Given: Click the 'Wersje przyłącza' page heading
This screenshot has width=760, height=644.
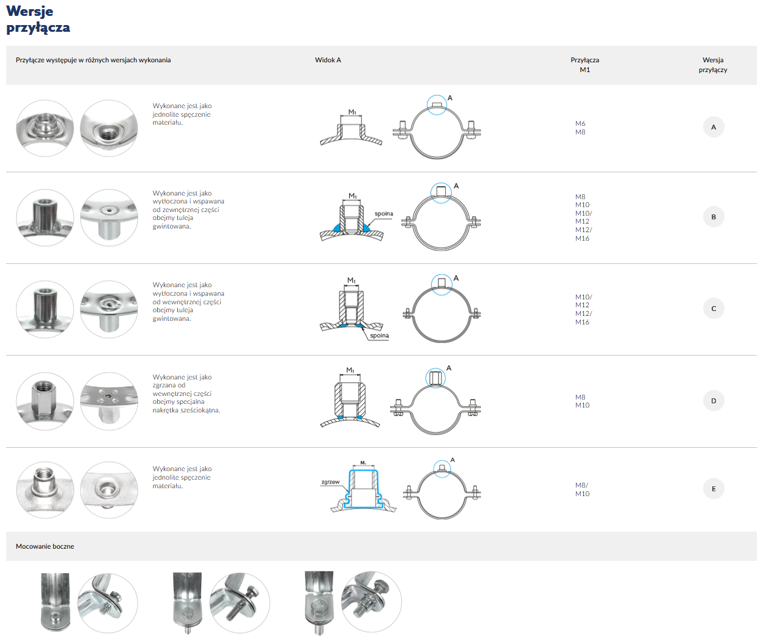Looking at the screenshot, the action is point(38,20).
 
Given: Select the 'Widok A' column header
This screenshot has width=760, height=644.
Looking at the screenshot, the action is point(328,60).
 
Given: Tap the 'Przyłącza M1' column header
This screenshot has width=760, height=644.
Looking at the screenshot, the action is point(585,65).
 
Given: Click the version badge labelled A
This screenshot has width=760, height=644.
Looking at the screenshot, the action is point(714,127).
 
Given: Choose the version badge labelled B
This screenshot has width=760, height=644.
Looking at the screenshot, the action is point(714,217).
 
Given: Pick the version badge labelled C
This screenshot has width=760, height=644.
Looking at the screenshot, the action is point(714,309).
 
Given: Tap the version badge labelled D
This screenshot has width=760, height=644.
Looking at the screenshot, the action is point(714,401).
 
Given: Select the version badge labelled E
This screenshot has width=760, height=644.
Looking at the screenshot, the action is point(714,489).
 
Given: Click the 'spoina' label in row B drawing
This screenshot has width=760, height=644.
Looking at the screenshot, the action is point(383,214).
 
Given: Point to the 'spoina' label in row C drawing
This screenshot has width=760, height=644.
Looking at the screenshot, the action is point(379,335).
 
